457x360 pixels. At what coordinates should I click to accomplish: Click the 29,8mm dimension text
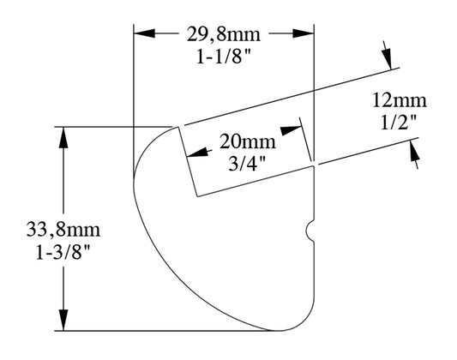(224, 34)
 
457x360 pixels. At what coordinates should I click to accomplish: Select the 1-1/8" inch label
(224, 57)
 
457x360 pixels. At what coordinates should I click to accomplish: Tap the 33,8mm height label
(63, 229)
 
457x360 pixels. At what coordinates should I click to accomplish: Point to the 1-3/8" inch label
(63, 252)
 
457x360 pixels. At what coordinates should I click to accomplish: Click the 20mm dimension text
(248, 141)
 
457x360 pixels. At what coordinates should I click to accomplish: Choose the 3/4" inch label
(247, 164)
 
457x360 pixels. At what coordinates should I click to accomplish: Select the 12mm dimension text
(400, 100)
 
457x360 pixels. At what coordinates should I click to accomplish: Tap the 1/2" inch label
(399, 123)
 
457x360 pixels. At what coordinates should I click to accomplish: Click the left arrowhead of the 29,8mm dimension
(144, 33)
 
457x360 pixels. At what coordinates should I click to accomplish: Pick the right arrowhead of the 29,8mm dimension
(304, 33)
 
